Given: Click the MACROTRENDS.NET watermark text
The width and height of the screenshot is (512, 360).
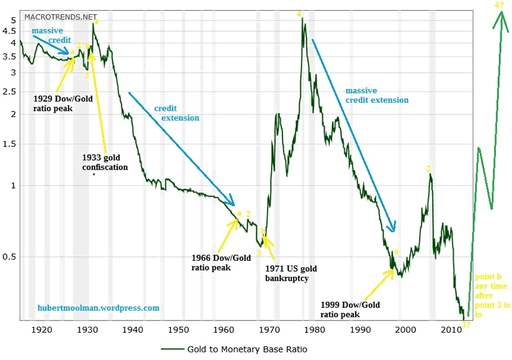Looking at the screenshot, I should (x=60, y=17).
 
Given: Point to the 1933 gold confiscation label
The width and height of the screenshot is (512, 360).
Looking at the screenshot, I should (x=105, y=162).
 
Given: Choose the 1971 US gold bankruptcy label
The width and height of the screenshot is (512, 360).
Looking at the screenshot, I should (x=291, y=273).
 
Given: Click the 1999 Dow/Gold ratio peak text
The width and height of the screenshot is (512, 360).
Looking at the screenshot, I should (x=350, y=309).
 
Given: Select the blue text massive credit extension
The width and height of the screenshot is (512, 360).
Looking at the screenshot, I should (x=376, y=95).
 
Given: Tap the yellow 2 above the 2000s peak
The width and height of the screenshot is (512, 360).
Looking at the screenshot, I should (x=429, y=169).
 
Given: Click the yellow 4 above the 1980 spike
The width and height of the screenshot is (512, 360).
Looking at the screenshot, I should (x=299, y=14).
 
